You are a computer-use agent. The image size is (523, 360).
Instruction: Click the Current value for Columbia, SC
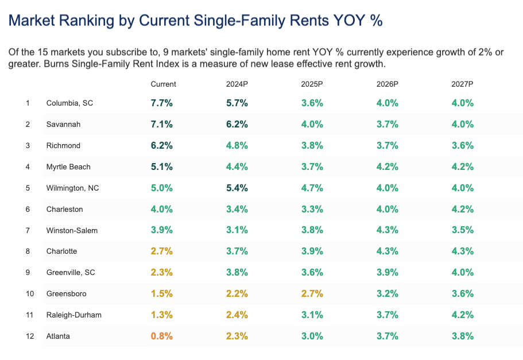tap(162, 103)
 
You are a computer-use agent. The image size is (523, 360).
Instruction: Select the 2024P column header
tap(237, 84)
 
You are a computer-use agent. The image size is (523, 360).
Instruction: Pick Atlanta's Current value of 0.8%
tap(162, 336)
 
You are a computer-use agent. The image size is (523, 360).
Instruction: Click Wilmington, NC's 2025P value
tap(312, 188)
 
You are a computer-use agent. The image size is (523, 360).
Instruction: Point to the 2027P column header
tap(462, 84)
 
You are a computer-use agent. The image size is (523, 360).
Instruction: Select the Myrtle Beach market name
tap(68, 167)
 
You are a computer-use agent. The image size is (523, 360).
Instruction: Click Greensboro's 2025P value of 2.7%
tap(312, 293)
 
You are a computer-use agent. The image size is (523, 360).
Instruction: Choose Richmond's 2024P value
tap(237, 145)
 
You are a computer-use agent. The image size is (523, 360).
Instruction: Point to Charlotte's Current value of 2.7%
tap(162, 251)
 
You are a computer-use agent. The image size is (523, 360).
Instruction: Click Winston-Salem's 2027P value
tap(463, 230)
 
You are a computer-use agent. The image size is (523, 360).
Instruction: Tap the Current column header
tap(163, 84)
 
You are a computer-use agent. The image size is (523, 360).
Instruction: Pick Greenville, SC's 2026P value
tap(388, 272)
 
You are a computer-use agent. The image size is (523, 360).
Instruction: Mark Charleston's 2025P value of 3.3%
tap(312, 209)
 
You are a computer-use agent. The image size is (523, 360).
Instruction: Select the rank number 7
tap(28, 230)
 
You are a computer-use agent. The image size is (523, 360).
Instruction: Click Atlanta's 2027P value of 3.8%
tap(463, 336)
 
